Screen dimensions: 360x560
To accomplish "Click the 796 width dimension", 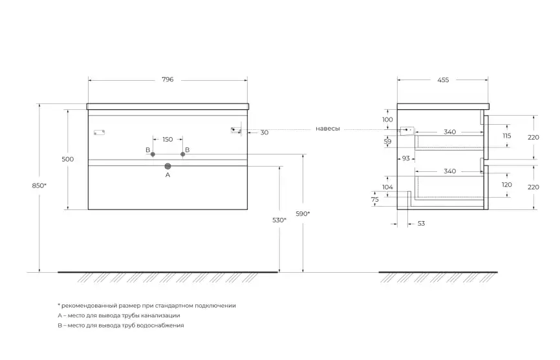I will pyautogui.click(x=167, y=79).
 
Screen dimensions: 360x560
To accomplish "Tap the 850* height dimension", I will pyautogui.click(x=39, y=185).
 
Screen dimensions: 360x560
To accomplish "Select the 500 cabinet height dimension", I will pyautogui.click(x=67, y=159).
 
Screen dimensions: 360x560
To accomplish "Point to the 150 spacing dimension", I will pyautogui.click(x=167, y=139).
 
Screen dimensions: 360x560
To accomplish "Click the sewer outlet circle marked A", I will pyautogui.click(x=167, y=165).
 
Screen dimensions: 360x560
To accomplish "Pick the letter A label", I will pyautogui.click(x=167, y=175).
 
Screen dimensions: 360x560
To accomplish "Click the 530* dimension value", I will pyautogui.click(x=279, y=220).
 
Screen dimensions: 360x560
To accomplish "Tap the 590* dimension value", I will pyautogui.click(x=302, y=213).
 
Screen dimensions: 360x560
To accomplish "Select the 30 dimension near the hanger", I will pyautogui.click(x=264, y=132).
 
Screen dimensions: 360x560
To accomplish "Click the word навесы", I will pyautogui.click(x=327, y=129).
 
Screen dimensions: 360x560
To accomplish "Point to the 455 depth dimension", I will pyautogui.click(x=443, y=79).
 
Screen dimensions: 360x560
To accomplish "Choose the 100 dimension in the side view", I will pyautogui.click(x=387, y=120).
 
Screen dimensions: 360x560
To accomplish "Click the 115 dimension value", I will pyautogui.click(x=506, y=136).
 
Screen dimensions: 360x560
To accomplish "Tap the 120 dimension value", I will pyautogui.click(x=506, y=185).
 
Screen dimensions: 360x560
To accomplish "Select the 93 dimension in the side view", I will pyautogui.click(x=406, y=158).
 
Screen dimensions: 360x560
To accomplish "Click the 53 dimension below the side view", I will pyautogui.click(x=422, y=223).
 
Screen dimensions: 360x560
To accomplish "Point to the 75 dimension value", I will pyautogui.click(x=374, y=200).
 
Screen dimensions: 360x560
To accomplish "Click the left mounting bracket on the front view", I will pyautogui.click(x=99, y=132).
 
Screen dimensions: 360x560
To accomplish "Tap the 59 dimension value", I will pyautogui.click(x=387, y=142).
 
